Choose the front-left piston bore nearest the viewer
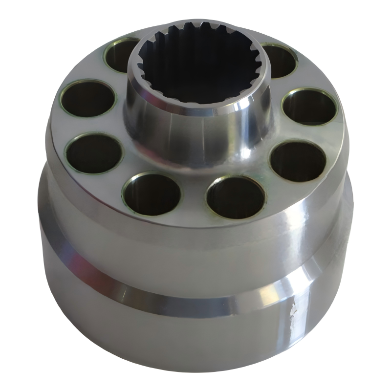[x=152, y=194]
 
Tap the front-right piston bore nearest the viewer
[x=236, y=197]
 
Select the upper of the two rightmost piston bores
[x=309, y=107]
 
